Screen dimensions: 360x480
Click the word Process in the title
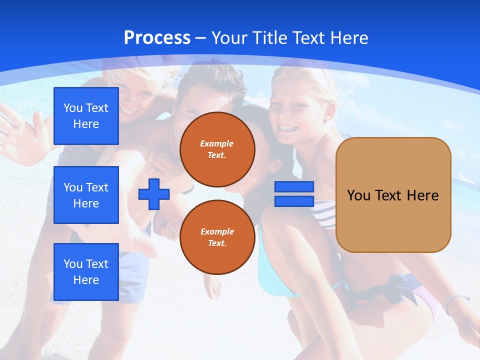[157, 37]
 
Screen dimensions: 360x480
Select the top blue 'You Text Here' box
[86, 116]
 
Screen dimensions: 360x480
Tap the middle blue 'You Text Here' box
[86, 195]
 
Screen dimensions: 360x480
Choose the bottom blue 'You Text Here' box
[86, 272]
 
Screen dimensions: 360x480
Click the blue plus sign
[154, 194]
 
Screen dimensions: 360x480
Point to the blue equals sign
[294, 194]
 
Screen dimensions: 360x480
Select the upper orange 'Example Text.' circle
[217, 149]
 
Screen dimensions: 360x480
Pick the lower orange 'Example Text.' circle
[217, 237]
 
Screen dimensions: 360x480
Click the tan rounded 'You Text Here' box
[393, 195]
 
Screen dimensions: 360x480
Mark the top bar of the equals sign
[294, 186]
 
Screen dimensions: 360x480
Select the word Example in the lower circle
[217, 231]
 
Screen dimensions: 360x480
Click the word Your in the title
[230, 37]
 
